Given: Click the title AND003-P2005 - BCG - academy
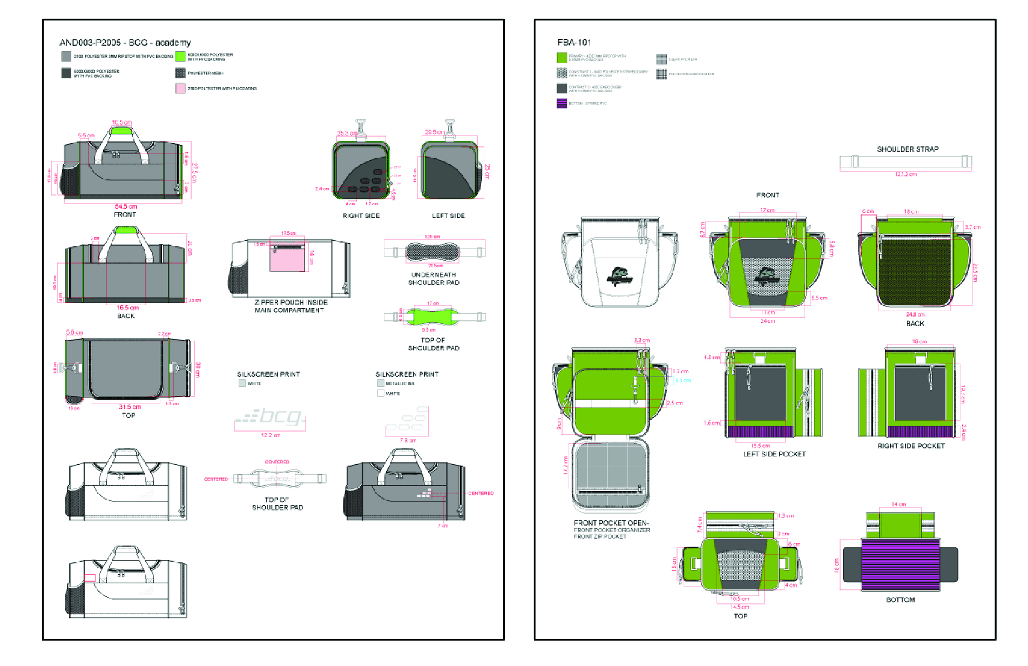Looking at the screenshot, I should pos(125,43).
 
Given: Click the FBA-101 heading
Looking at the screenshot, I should pos(574,42).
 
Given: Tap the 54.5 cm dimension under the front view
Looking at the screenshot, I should pos(126,206).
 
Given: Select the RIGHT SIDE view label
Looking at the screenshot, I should pos(361,216).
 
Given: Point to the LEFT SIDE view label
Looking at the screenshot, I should pos(448,216).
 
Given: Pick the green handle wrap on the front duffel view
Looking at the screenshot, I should pos(121,130).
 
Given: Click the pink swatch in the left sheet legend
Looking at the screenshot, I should pos(180,88).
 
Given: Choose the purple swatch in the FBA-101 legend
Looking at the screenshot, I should pos(562,103).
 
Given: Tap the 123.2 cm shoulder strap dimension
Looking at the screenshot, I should pos(905,174).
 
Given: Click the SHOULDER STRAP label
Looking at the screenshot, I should pos(908,149).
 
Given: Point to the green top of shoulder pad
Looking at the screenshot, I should pos(429,316).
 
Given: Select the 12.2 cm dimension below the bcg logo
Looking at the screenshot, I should pos(270,435).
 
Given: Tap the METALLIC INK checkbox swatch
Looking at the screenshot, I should pos(381,383).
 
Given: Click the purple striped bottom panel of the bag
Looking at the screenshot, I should pos(900,564).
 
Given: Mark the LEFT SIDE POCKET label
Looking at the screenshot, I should pos(774,454).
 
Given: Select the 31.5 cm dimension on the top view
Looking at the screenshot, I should pos(130,407).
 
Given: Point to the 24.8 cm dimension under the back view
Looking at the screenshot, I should pos(915,314).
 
